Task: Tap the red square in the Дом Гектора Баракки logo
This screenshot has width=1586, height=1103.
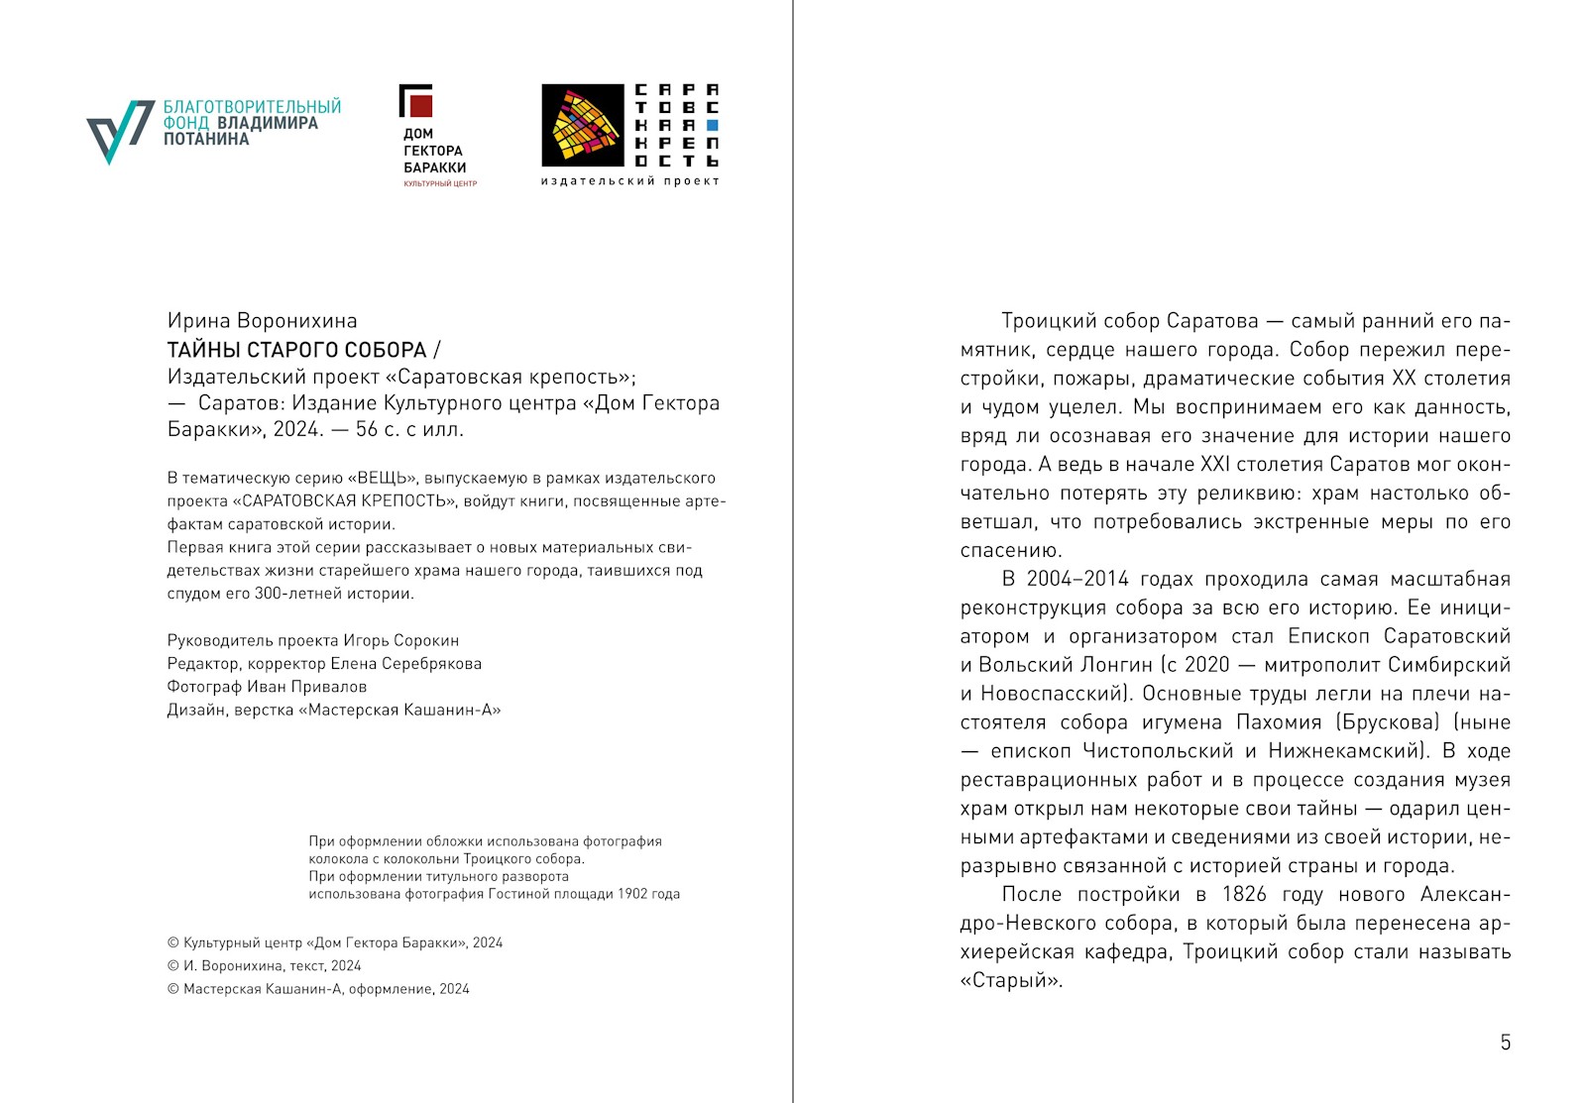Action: tap(420, 104)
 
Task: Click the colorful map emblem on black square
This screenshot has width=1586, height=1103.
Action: tap(582, 125)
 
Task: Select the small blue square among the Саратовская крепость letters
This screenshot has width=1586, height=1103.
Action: tap(712, 126)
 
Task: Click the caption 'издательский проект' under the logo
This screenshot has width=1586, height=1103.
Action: tap(629, 181)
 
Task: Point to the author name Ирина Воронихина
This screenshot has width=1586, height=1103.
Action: tap(262, 321)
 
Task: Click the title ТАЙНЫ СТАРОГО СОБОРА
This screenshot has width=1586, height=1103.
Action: tap(297, 350)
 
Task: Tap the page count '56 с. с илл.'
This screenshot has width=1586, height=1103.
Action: tap(409, 429)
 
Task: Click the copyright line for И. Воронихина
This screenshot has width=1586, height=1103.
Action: tap(264, 966)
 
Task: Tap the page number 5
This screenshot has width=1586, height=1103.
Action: tap(1505, 1043)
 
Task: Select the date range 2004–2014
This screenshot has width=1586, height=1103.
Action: tap(1077, 580)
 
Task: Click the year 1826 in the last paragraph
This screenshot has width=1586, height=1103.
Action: tap(1244, 895)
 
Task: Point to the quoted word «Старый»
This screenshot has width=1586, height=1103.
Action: tap(1011, 981)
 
